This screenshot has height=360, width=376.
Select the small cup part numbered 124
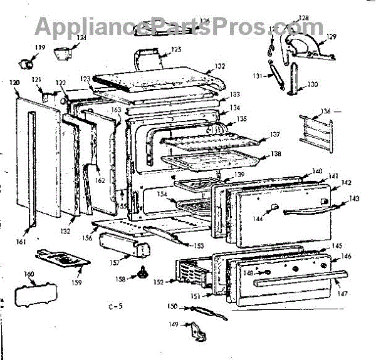[x=62, y=55]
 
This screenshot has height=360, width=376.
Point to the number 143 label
[x=355, y=198]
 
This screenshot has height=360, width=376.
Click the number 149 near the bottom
[x=174, y=324]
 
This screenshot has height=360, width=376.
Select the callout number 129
[x=331, y=36]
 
